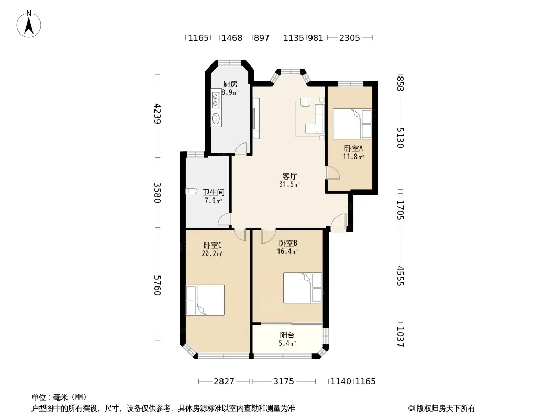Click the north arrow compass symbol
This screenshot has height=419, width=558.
29,24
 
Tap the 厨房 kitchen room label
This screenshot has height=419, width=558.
230,84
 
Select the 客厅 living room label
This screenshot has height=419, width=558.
289,176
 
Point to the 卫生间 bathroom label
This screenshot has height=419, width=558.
214,193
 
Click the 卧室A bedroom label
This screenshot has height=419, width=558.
353,148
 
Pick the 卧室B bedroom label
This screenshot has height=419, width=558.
288,244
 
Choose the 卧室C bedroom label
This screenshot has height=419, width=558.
213,245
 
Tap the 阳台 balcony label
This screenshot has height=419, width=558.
287,335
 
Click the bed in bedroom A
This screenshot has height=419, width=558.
352,124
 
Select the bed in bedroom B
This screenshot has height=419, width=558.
303,288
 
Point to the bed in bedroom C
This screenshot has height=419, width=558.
205,300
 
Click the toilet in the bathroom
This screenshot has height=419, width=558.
192,191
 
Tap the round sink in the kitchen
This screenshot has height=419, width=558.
216,118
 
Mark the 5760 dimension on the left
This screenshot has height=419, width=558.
158,285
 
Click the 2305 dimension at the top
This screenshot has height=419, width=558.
350,38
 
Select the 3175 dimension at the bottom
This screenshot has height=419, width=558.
284,382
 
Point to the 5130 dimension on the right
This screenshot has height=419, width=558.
400,137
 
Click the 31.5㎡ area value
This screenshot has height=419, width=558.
289,184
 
